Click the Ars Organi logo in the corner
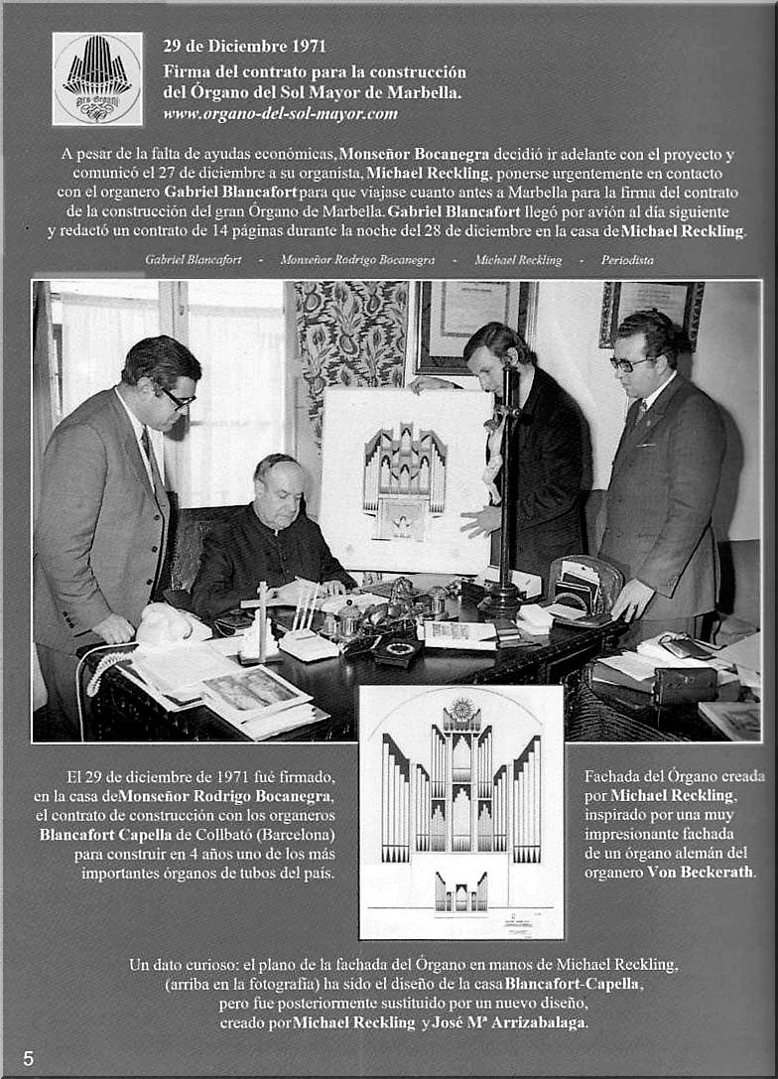(x=97, y=78)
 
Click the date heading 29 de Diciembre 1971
(x=244, y=46)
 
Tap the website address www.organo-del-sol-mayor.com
(x=280, y=114)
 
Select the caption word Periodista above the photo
(x=627, y=260)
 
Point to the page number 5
(x=28, y=1058)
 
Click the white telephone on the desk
(x=169, y=625)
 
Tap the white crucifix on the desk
(x=263, y=615)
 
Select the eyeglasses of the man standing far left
(x=179, y=399)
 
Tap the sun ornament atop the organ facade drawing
(x=460, y=711)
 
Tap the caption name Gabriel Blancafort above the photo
(x=193, y=260)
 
